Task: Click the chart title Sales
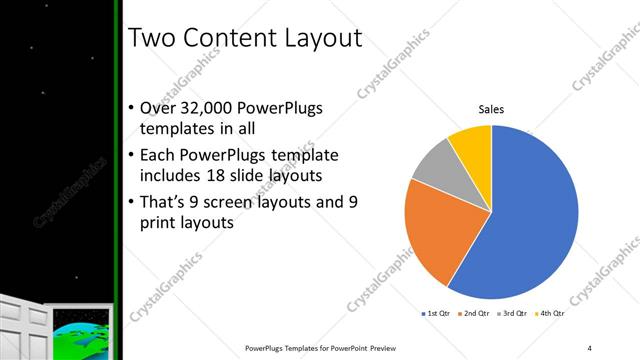click(491, 109)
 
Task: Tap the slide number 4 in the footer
click(590, 348)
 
